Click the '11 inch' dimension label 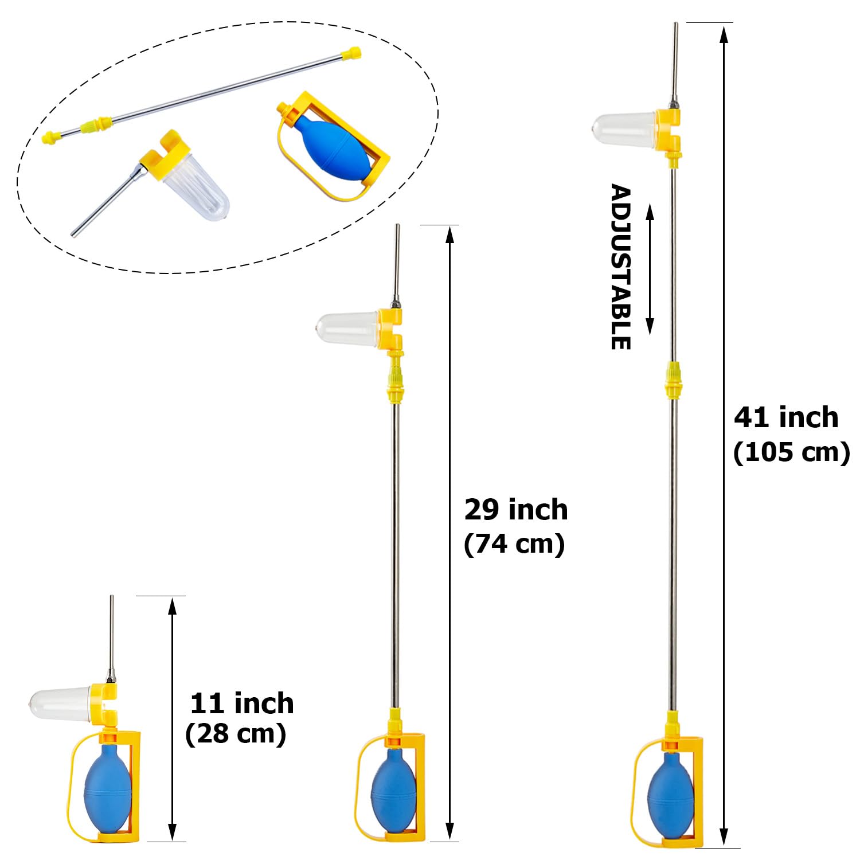242,703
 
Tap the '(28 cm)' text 236,734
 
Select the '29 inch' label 516,510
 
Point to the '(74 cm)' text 514,544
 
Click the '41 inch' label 786,417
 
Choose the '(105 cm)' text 791,452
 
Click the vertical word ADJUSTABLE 620,267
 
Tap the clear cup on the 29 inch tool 349,329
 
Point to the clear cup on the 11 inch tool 60,702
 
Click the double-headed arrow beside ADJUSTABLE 650,269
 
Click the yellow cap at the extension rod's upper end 350,54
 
